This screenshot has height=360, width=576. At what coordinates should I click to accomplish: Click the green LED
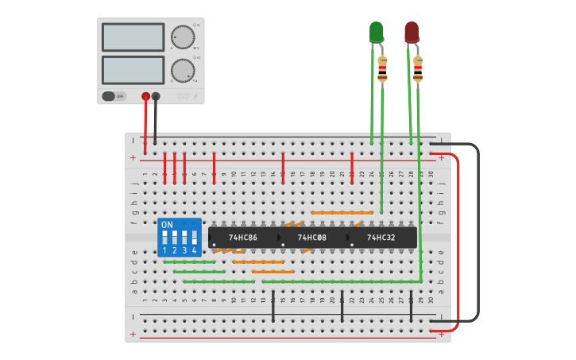(x=376, y=32)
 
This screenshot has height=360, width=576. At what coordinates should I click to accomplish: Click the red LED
(x=411, y=32)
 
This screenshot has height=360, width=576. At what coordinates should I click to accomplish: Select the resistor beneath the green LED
(x=382, y=69)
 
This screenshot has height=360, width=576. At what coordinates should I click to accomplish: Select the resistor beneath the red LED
(x=417, y=69)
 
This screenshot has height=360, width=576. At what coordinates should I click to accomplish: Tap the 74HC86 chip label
(x=243, y=238)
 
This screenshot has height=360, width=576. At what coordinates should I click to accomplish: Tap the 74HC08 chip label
(x=311, y=238)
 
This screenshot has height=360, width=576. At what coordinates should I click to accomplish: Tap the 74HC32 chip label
(x=381, y=238)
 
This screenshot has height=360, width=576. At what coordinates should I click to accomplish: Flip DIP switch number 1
(x=165, y=238)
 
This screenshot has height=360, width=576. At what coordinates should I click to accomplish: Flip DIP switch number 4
(x=194, y=238)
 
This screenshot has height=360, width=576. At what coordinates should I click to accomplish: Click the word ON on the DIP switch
(x=167, y=225)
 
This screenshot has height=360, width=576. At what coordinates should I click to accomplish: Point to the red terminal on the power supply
(x=145, y=97)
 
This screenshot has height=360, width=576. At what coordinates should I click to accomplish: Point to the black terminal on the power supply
(x=156, y=97)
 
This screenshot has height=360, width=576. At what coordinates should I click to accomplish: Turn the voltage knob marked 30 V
(x=182, y=37)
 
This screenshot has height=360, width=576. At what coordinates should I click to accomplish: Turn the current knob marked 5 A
(x=182, y=71)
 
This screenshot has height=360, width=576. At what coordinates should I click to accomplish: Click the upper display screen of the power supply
(x=133, y=37)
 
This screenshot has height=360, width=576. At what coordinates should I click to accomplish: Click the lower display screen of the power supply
(x=133, y=70)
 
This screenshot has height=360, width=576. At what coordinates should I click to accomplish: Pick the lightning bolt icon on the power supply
(x=195, y=96)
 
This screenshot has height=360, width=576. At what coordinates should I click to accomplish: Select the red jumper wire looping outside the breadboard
(x=459, y=238)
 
